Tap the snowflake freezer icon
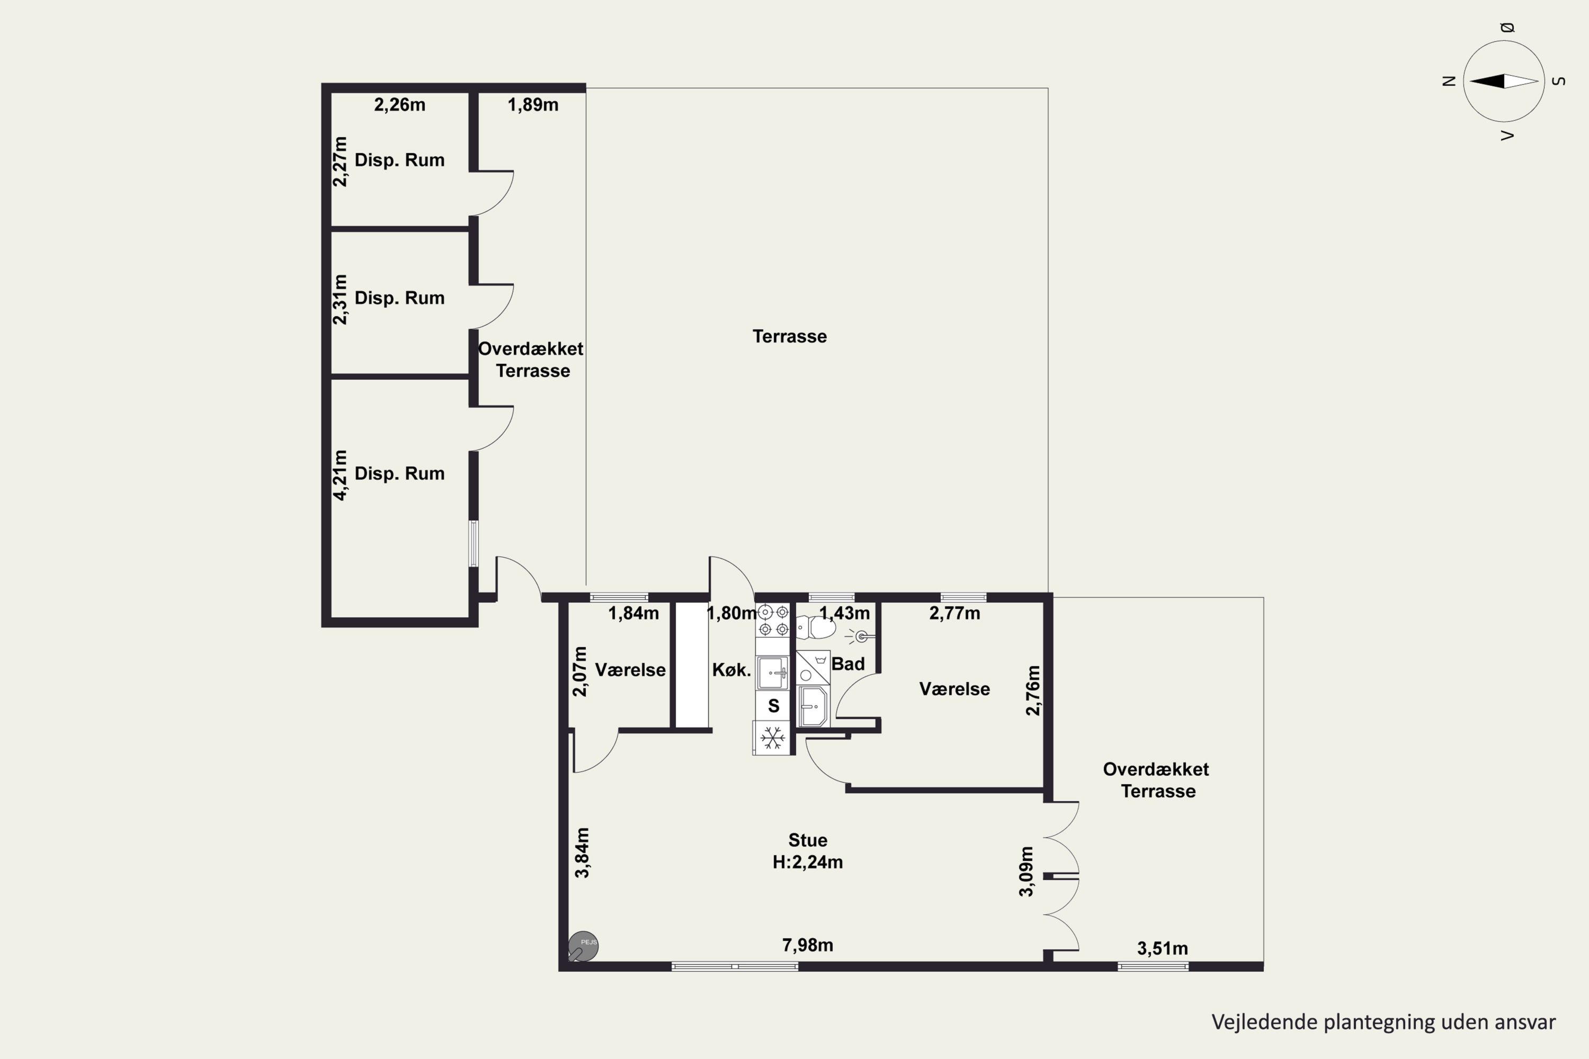(x=772, y=738)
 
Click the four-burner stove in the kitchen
(x=773, y=621)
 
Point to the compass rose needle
(x=1504, y=81)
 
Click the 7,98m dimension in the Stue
(x=807, y=945)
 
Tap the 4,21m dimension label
(x=340, y=475)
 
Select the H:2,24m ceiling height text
(x=807, y=862)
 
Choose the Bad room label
(x=848, y=664)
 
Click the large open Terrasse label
(x=789, y=336)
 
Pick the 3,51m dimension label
(x=1162, y=948)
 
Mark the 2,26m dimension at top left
(x=399, y=105)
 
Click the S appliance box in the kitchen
(x=773, y=706)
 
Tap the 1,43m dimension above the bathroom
(x=844, y=613)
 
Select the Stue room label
(x=807, y=840)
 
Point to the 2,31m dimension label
(x=340, y=299)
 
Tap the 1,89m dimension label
(x=533, y=105)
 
